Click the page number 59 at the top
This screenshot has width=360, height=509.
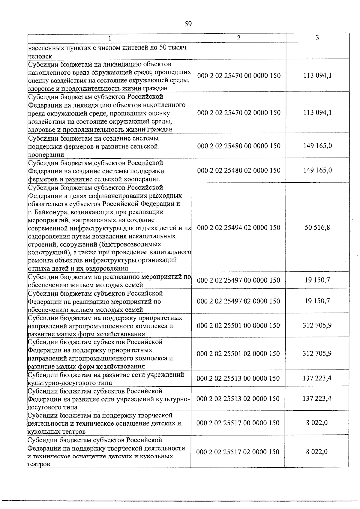tap(188, 24)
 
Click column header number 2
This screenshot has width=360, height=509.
tap(238, 38)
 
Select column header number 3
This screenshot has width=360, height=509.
tap(317, 37)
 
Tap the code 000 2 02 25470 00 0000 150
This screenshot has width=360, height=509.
tap(239, 75)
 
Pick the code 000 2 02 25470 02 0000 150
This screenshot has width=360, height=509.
tap(239, 113)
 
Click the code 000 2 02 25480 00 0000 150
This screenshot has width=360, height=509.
tap(239, 146)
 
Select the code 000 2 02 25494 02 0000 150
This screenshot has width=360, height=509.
tap(239, 228)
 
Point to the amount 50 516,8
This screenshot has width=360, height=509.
tap(317, 227)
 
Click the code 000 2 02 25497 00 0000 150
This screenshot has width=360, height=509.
tap(238, 280)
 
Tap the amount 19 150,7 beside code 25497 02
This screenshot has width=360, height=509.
tap(317, 301)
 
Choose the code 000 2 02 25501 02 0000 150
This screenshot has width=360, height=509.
tap(238, 354)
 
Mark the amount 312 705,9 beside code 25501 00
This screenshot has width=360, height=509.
tap(317, 325)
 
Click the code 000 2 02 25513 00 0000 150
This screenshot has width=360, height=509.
tap(238, 379)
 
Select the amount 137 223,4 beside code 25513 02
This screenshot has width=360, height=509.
tap(317, 399)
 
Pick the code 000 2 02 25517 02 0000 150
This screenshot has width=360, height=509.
tap(238, 452)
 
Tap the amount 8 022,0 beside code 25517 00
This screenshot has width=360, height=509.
tap(317, 423)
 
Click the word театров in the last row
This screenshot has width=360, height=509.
tap(39, 464)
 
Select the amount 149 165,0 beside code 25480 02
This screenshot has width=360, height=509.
tap(317, 170)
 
